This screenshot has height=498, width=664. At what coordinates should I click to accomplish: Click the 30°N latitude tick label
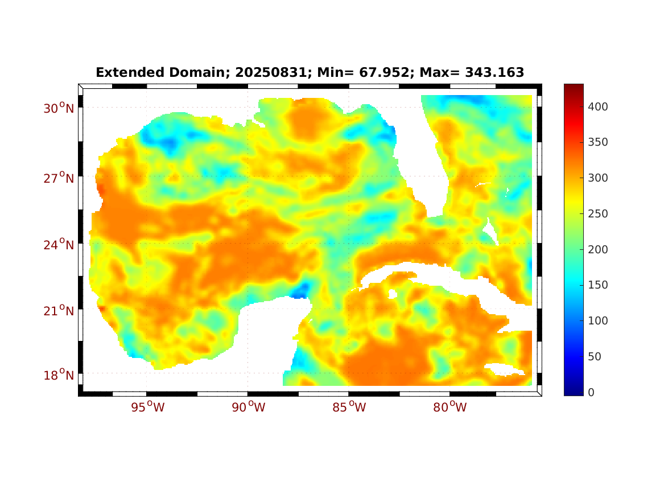[x=59, y=108]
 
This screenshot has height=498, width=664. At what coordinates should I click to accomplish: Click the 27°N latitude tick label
[x=59, y=179]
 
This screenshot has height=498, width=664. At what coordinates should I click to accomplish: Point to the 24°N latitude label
[x=59, y=245]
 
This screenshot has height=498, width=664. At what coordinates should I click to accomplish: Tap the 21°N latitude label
[x=59, y=311]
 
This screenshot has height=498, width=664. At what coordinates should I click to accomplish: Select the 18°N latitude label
[x=59, y=376]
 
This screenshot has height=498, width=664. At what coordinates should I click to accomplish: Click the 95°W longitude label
[x=147, y=408]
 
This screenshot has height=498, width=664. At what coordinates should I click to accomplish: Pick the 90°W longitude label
[x=248, y=408]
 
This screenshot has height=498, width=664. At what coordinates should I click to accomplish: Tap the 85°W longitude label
[x=349, y=408]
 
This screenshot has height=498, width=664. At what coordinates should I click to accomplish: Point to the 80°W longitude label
[x=449, y=408]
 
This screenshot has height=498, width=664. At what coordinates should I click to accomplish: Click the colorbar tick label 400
[x=599, y=106]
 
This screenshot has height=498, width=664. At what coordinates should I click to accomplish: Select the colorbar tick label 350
[x=599, y=142]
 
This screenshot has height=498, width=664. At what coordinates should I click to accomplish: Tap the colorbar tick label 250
[x=599, y=213]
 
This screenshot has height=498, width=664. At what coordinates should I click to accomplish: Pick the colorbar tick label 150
[x=599, y=285]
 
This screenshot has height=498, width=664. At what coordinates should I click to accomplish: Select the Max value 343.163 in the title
[x=493, y=73]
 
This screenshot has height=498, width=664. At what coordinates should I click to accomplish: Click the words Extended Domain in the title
[x=143, y=73]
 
